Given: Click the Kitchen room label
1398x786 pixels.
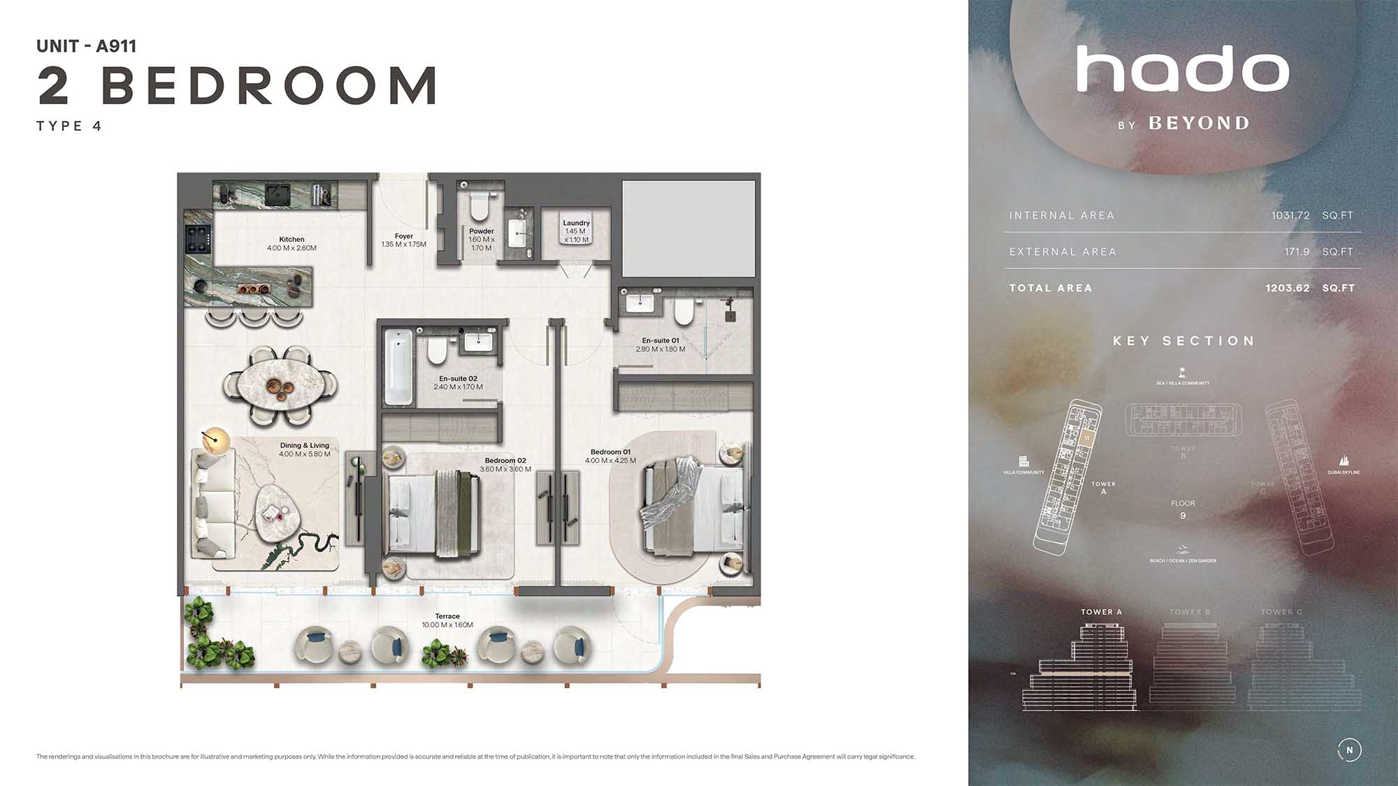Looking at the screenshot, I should coord(291,240).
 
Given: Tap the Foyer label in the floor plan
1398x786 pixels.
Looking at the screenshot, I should coord(403,236).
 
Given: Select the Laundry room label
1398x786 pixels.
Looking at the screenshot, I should coord(576,223).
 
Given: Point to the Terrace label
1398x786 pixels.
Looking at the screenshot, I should coord(447,616).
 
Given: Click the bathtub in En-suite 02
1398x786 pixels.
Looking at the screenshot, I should coord(397,367).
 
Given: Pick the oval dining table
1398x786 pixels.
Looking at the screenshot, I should coord(280,385).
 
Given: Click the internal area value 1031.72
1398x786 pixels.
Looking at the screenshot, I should coord(1290,215).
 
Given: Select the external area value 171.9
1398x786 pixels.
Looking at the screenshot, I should coord(1297,252).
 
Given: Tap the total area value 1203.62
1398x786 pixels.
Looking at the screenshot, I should coord(1287,288).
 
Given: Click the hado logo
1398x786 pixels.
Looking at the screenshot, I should coord(1182,69).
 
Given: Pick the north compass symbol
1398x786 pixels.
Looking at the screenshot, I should coord(1349,750).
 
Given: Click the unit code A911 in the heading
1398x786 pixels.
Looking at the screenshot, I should coord(116,46).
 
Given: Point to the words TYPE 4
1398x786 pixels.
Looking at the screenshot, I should coord(69,126).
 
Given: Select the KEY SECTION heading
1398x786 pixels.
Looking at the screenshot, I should coord(1183,341).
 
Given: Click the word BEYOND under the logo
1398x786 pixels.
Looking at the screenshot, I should coord(1199,124).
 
